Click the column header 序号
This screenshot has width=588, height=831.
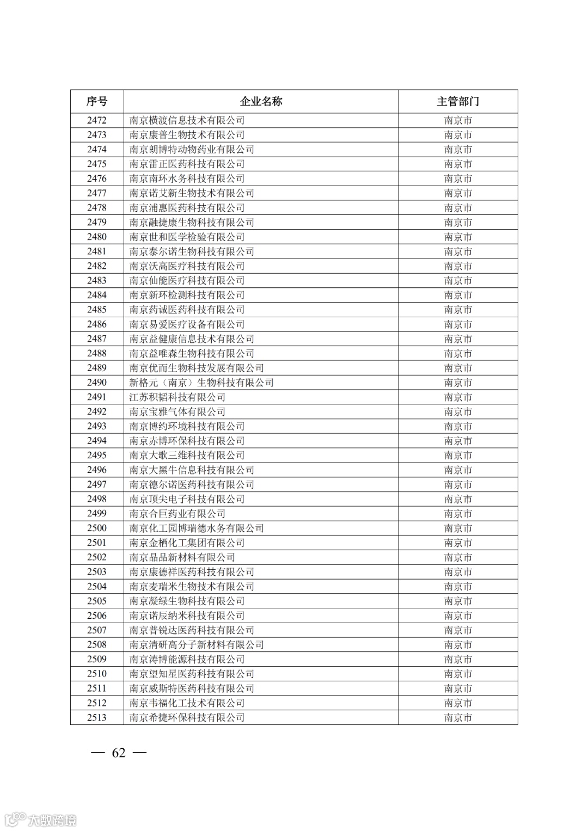[x=97, y=101]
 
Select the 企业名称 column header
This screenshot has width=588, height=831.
[x=261, y=101]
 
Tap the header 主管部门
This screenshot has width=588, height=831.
[x=458, y=101]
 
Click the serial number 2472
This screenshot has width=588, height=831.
[x=97, y=120]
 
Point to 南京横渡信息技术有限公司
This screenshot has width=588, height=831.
[x=187, y=120]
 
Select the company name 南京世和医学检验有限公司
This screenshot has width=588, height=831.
[x=187, y=237]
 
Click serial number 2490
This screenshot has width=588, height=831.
[x=97, y=383]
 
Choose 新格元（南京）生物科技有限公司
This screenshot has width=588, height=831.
[x=201, y=383]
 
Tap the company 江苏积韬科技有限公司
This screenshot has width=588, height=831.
[x=177, y=397]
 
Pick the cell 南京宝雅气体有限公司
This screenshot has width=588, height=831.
[x=177, y=412]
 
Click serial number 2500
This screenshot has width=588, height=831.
[x=97, y=528]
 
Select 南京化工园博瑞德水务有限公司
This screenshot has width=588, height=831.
[x=197, y=528]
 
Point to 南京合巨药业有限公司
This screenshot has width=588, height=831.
[x=177, y=514]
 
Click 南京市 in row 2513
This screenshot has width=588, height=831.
[x=458, y=717]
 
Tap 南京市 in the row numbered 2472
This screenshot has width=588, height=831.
[x=458, y=120]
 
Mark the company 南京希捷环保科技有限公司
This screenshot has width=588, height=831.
[x=187, y=717]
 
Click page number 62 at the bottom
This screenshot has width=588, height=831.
[x=119, y=753]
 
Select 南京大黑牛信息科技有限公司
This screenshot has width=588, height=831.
[x=192, y=470]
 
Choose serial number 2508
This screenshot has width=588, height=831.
[x=97, y=644]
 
